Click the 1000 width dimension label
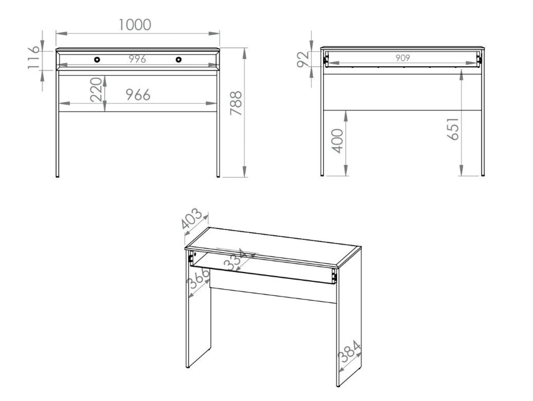[x=135, y=24]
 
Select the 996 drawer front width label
[x=137, y=59]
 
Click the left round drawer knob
[x=97, y=59]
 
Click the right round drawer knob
[x=179, y=59]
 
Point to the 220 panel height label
[x=96, y=89]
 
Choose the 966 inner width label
[x=138, y=95]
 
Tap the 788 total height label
[x=236, y=103]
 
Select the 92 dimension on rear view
[x=303, y=59]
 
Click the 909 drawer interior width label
[x=402, y=58]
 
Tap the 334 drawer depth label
[x=235, y=260]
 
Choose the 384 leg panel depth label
[x=349, y=351]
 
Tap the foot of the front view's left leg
[x=57, y=176]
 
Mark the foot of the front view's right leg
[x=218, y=176]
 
